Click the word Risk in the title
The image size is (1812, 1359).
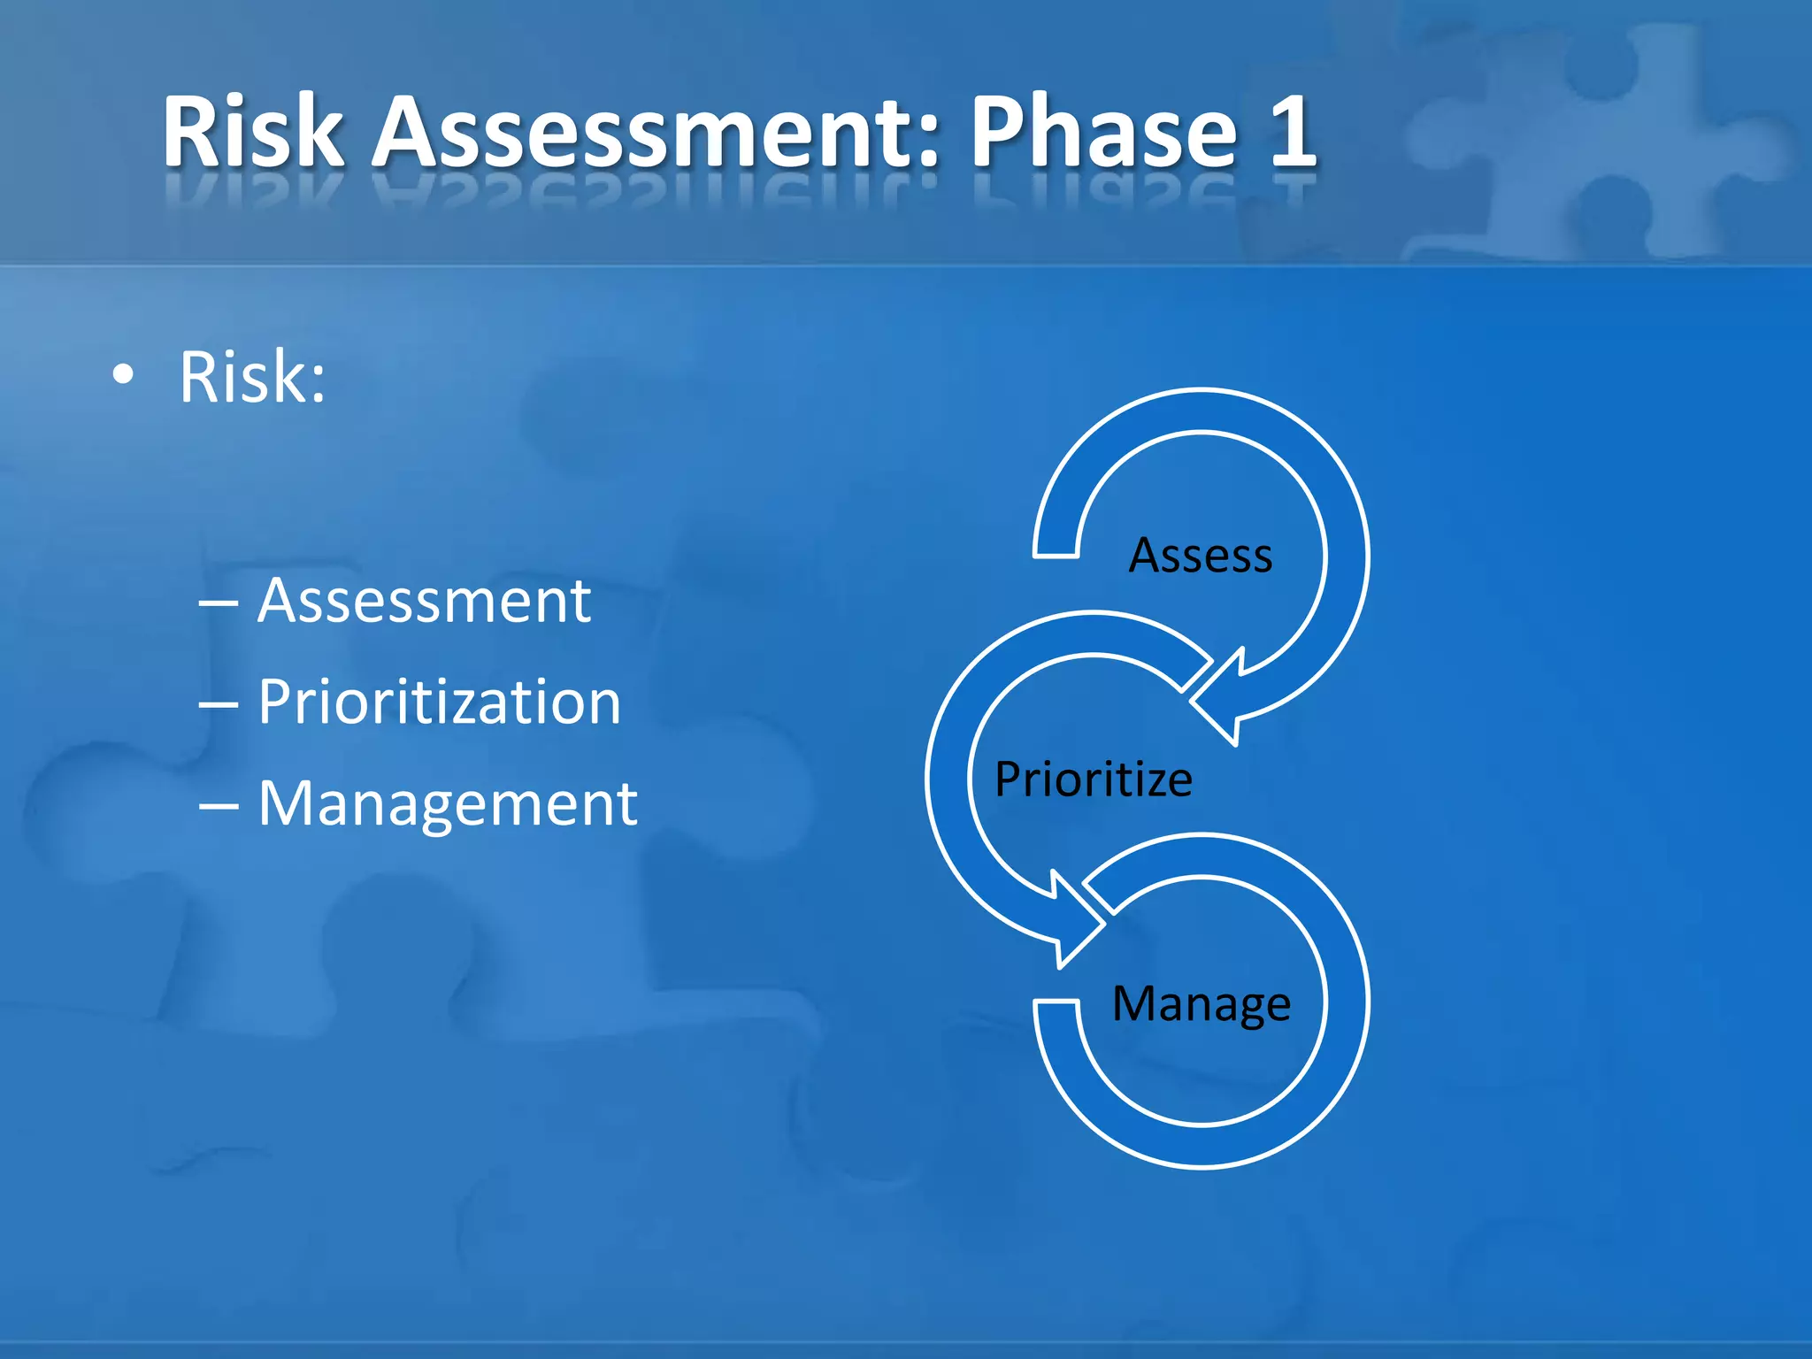tap(252, 133)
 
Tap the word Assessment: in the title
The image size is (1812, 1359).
tap(655, 133)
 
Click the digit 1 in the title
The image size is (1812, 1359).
tap(1292, 133)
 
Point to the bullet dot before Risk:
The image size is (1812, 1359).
tap(124, 375)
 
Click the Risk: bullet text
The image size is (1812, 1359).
tap(252, 377)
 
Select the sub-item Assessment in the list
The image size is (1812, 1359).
tap(424, 601)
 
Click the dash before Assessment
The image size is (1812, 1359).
tap(218, 604)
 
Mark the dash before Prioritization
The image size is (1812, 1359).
tap(218, 705)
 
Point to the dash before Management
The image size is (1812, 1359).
tap(218, 807)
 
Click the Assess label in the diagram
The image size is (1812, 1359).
tap(1201, 556)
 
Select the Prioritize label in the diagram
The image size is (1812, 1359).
tap(1094, 779)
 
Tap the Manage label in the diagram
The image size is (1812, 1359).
tap(1201, 1003)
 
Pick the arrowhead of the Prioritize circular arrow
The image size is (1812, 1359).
tap(1071, 925)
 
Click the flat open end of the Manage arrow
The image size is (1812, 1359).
tap(1056, 1003)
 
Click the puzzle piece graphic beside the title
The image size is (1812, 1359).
tap(1593, 142)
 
